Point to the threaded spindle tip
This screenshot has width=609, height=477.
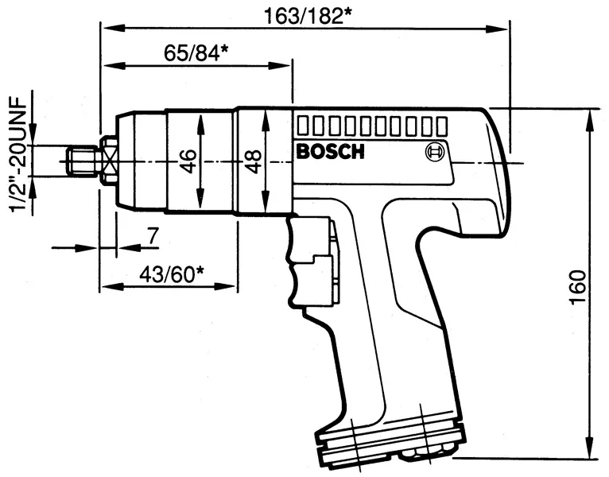click(x=82, y=161)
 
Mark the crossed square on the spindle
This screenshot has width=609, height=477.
click(x=109, y=161)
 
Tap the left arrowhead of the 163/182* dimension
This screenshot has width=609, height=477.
click(x=107, y=29)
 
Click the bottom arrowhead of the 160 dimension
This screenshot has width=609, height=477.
click(x=589, y=451)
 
